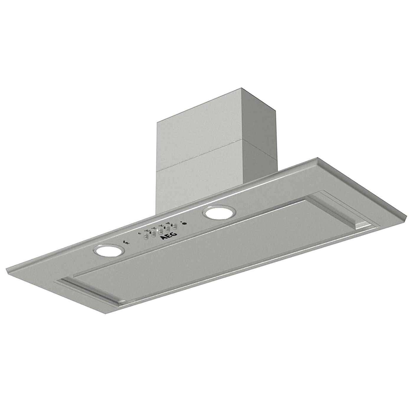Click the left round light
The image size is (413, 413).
(108, 251)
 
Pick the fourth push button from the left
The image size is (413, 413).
(168, 228)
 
